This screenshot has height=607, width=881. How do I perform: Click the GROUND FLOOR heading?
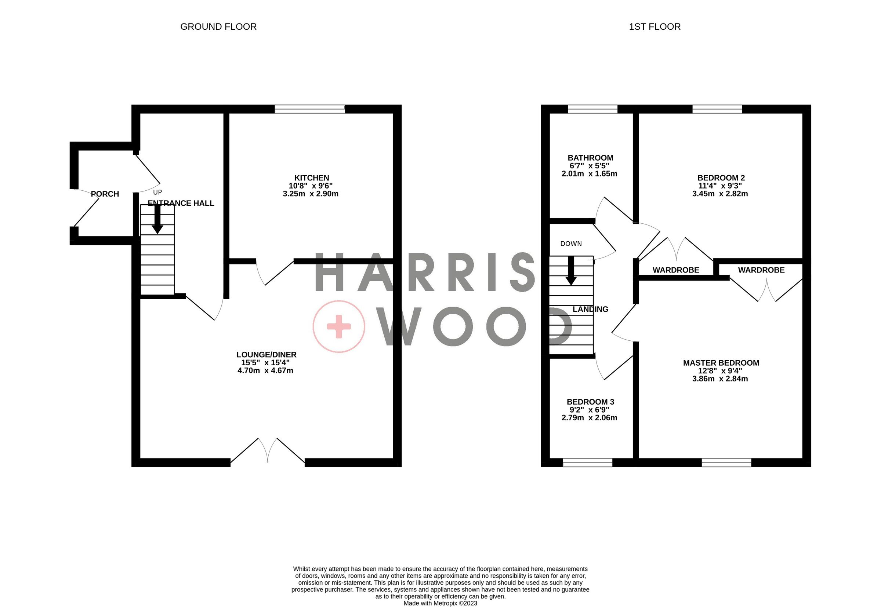218,27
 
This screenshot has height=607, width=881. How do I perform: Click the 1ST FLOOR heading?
655,27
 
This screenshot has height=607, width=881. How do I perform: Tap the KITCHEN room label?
311,178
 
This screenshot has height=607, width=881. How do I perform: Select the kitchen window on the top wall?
310,110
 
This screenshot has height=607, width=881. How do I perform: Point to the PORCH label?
105,194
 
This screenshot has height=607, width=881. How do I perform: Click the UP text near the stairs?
157,193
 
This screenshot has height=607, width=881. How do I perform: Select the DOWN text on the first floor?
571,244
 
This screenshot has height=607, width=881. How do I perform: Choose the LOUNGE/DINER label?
267,354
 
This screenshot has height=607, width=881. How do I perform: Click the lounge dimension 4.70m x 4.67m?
265,370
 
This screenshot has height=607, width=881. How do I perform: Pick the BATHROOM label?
590,158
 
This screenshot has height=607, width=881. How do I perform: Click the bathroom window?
592,110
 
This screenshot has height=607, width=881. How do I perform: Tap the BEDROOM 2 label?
721,178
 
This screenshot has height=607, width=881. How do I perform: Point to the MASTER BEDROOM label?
721,363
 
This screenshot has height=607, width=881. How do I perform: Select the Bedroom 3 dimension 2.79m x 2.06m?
589,418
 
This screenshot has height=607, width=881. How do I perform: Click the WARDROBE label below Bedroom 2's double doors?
676,270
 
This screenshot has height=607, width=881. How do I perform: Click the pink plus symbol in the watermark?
339,326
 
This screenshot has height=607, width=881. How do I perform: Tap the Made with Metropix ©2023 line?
440,603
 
